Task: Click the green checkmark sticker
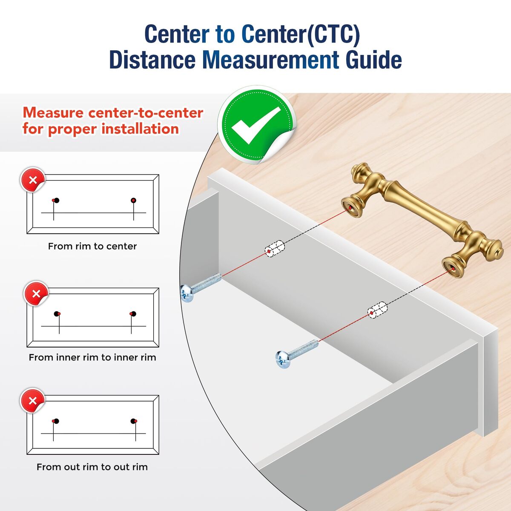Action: (x=256, y=125)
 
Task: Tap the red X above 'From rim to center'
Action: (x=33, y=180)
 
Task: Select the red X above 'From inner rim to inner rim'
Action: (x=36, y=294)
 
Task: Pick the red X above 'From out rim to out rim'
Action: (x=33, y=401)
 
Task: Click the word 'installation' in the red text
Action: (x=140, y=129)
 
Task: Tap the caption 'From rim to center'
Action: (x=92, y=247)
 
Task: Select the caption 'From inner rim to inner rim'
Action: (x=92, y=357)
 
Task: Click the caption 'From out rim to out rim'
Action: (x=92, y=467)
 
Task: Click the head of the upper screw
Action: (x=187, y=293)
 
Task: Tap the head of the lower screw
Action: (x=282, y=359)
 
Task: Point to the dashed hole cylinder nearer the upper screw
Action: (x=275, y=249)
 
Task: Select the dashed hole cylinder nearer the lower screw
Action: (x=377, y=310)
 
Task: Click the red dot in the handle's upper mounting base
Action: (x=350, y=208)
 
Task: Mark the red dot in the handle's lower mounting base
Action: (x=453, y=269)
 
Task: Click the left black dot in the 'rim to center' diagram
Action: (x=57, y=200)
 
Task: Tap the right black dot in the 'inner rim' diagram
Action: (x=133, y=314)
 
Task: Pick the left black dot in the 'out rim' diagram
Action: (x=56, y=421)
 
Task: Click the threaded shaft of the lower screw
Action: (x=303, y=348)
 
